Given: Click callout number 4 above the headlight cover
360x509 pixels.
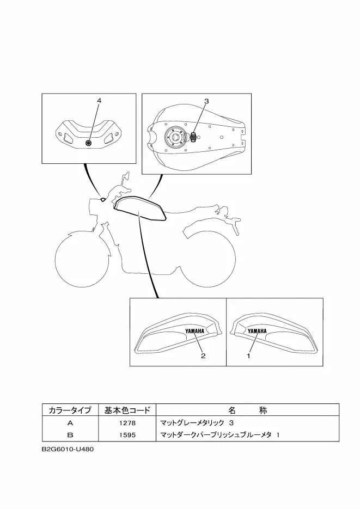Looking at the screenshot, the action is point(99,101).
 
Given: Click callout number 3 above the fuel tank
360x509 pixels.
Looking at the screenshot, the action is point(206,101).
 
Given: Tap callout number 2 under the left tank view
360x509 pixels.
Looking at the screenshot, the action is point(203,356).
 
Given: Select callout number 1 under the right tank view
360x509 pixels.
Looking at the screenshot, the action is point(248,356).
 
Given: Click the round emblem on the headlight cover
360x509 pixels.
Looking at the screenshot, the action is point(88,143).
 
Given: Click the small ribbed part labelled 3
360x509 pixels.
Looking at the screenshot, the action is point(194,137).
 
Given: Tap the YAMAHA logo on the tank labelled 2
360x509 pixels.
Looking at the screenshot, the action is point(195,331).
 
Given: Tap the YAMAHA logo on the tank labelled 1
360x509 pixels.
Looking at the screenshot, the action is point(257,331).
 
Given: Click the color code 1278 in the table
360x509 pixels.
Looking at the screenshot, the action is point(127,423).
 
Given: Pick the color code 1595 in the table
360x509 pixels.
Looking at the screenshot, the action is point(127,435).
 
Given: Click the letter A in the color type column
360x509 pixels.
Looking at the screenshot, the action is point(70,423).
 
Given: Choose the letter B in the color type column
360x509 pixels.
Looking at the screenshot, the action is point(70,435).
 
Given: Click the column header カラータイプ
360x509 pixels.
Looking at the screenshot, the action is point(70,410).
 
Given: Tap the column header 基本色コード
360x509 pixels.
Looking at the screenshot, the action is point(127,410).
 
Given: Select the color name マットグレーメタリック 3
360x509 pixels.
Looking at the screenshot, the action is point(197,423).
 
